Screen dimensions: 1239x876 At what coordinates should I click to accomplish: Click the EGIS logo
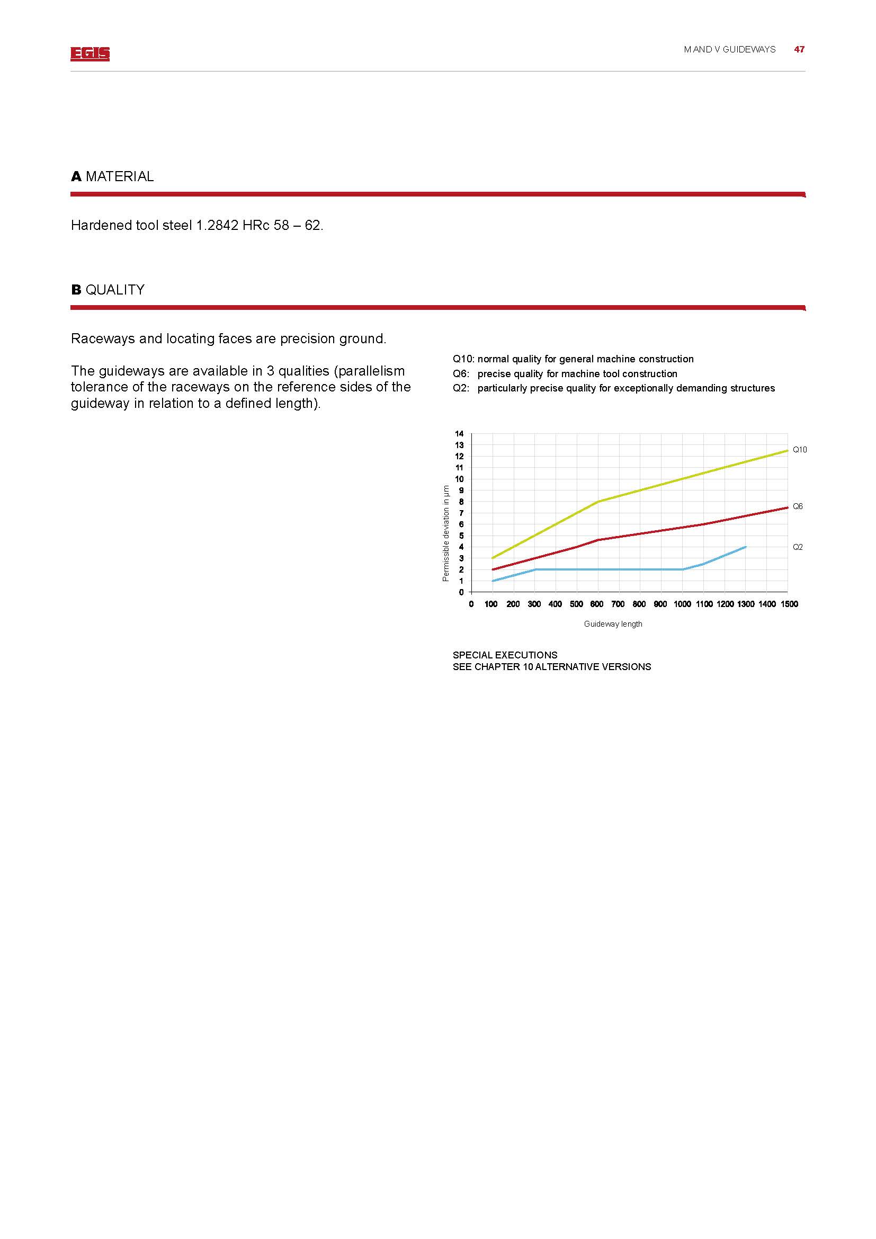point(90,54)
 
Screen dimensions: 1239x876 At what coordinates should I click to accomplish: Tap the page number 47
point(799,50)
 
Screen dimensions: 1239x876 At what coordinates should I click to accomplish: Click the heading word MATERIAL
point(119,176)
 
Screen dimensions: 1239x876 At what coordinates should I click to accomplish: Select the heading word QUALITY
point(115,290)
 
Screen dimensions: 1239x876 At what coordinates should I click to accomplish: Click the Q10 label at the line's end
point(799,450)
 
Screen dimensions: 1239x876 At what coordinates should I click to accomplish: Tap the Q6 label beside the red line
point(797,506)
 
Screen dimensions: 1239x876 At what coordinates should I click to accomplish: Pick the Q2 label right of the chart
point(797,547)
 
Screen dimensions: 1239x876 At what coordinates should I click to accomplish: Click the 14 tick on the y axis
point(459,434)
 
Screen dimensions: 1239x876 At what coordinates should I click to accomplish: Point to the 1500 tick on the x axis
point(789,604)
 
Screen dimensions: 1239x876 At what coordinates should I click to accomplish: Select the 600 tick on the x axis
point(596,604)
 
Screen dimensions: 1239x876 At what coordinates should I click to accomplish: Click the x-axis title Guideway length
point(613,624)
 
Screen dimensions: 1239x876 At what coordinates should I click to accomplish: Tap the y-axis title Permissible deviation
point(445,533)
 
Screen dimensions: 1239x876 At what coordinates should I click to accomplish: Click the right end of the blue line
point(746,547)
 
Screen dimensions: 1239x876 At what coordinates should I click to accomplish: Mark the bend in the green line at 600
point(597,502)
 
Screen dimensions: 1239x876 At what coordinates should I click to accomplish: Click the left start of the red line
point(493,569)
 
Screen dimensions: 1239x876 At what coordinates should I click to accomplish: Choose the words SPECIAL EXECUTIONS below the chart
point(505,655)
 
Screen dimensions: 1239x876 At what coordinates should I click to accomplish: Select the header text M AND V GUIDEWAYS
point(729,50)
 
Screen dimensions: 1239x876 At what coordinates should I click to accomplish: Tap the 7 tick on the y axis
point(461,513)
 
